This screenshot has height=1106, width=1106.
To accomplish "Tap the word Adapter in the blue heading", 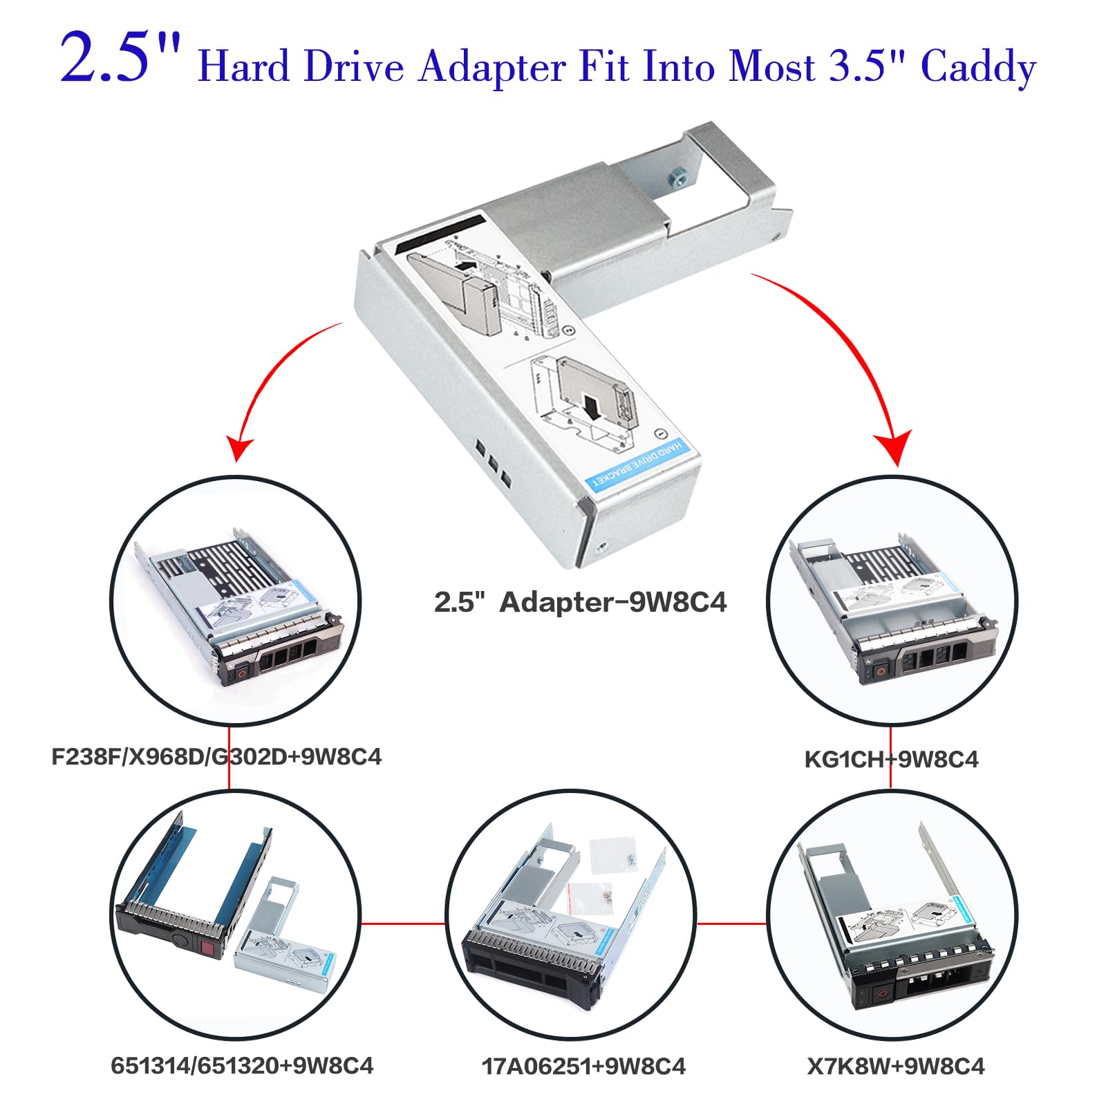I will point(492,67).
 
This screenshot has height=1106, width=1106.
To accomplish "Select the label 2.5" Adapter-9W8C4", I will point(580,602).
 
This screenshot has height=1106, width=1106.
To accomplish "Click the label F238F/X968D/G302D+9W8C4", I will point(216,756).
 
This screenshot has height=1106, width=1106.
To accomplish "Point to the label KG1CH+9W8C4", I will point(891,760).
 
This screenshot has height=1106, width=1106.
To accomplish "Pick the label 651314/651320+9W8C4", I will point(242,1065).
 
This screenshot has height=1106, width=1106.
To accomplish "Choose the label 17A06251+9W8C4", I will point(583,1066).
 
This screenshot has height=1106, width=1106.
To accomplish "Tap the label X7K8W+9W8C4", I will point(896,1066).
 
